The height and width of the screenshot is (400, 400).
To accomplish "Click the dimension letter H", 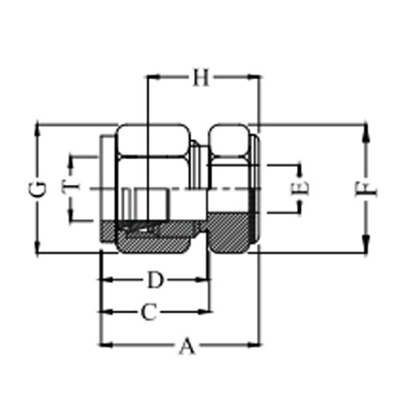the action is tap(201, 78).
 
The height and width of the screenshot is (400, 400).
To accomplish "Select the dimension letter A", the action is tap(187, 346).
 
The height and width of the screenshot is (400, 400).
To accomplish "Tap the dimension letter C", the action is tap(149, 312).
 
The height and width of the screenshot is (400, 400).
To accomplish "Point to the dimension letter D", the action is tap(155, 280).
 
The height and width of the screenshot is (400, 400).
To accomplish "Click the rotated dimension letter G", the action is tap(37, 189).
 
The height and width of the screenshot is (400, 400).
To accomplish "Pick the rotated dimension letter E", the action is tap(299, 189).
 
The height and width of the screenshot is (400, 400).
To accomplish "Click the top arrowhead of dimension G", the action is tap(37, 130).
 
